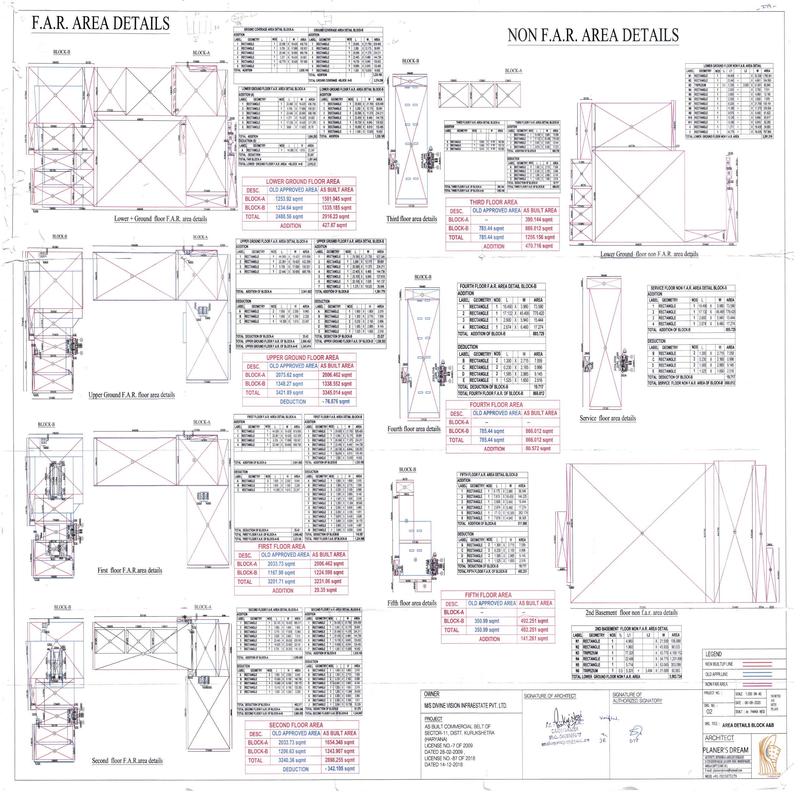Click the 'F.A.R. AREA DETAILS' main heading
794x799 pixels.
tap(101, 24)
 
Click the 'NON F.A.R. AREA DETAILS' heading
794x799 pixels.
tap(593, 36)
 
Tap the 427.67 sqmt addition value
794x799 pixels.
tap(335, 225)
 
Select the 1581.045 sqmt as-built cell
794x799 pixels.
tap(336, 199)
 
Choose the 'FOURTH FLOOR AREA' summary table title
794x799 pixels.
tap(496, 405)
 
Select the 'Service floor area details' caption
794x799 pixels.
tap(607, 418)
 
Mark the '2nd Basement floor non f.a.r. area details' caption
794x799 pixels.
tap(631, 612)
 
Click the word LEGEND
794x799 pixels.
tap(713, 654)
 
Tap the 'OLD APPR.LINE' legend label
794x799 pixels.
tap(716, 674)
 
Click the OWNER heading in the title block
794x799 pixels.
tap(432, 694)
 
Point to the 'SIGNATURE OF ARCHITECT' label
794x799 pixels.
tap(550, 696)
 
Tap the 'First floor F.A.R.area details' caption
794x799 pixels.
tap(130, 570)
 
